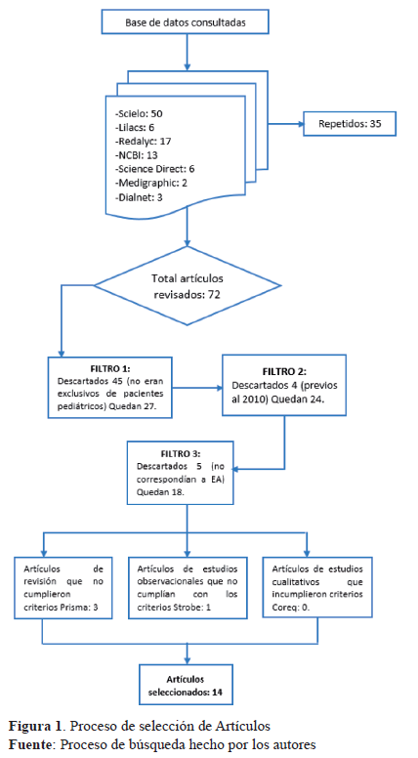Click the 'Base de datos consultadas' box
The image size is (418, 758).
coord(186,22)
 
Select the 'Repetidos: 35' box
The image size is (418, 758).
coord(350,124)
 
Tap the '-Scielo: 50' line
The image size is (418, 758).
coord(139,114)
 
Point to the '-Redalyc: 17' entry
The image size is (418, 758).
coord(143,142)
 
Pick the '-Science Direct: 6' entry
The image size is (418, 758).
coord(154,169)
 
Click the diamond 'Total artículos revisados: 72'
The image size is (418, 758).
coord(187,285)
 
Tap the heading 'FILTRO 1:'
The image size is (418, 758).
coord(110,369)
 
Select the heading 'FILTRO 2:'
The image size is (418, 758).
coord(284,372)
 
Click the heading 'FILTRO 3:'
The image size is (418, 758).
coord(181,454)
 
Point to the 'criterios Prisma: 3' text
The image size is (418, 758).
coord(61,607)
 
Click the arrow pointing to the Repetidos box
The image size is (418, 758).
coord(286,124)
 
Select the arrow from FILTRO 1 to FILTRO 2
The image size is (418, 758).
coord(197,387)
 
